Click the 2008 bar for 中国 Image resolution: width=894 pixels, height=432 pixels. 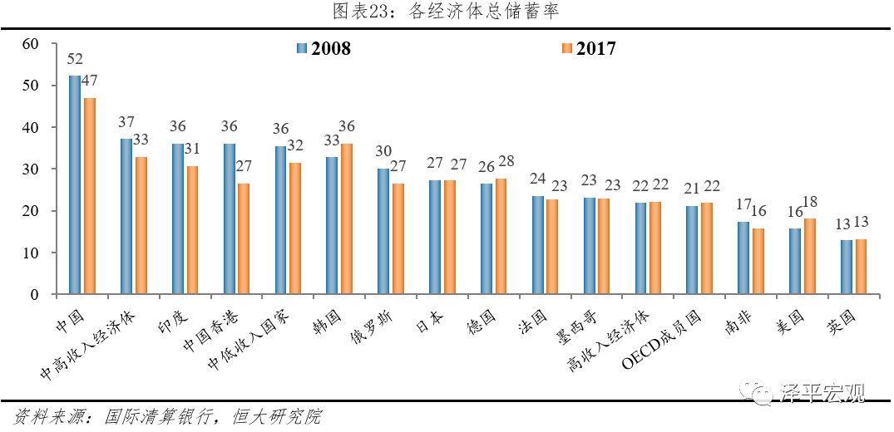tap(74, 184)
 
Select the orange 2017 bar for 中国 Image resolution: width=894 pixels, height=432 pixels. tap(89, 195)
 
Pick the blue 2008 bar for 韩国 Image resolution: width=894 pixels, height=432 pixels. tap(331, 225)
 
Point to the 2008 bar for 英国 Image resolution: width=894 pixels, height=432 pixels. tap(846, 267)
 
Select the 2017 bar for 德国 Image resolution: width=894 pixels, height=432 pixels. tap(501, 237)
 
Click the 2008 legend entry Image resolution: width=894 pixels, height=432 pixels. tap(324, 48)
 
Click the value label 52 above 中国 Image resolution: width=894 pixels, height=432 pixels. tap(74, 59)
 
